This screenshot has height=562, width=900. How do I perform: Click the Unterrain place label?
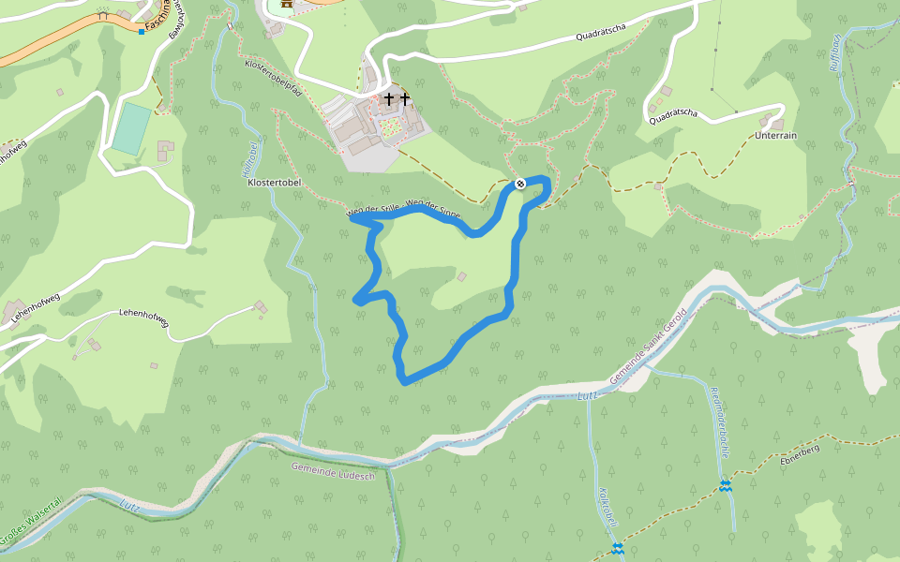click(x=775, y=135)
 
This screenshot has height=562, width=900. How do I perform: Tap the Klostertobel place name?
click(x=273, y=183)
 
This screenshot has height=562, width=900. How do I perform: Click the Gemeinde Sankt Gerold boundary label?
click(x=648, y=346)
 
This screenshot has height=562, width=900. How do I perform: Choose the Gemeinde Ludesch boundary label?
click(x=333, y=471)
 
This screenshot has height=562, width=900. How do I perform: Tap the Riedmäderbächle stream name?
click(x=720, y=421)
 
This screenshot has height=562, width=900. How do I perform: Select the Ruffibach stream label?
click(x=835, y=52)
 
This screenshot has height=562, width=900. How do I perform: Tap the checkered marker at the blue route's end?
click(x=519, y=184)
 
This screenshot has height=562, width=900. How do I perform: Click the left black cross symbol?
click(x=389, y=98)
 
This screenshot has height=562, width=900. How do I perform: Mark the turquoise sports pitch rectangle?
click(x=130, y=129)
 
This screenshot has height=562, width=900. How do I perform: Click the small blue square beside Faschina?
click(x=142, y=32)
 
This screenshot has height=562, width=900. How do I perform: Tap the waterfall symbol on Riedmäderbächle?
click(x=726, y=485)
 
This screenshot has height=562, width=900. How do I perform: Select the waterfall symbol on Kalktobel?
click(x=617, y=548)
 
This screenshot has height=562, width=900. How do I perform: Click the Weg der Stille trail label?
click(x=374, y=212)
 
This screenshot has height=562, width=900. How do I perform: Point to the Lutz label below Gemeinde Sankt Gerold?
click(x=587, y=396)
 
